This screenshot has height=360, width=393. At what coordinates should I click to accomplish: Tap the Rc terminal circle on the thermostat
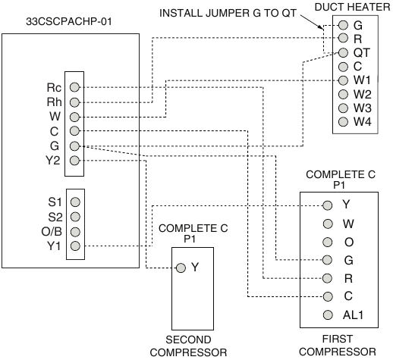[x=75, y=87]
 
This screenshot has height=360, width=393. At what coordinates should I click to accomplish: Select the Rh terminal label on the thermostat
[x=53, y=102]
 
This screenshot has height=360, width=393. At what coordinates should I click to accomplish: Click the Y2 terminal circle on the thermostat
[x=75, y=160]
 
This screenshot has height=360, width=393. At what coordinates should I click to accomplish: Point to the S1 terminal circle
[x=75, y=202]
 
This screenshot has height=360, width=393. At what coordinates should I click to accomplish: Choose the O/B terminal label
[x=52, y=231]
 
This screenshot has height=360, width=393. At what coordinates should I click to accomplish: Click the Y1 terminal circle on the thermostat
[x=75, y=246]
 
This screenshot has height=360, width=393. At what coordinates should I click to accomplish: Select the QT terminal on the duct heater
[x=344, y=53]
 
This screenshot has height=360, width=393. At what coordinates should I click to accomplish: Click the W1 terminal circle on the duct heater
[x=344, y=80]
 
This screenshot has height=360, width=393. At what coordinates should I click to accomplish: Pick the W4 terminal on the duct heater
[x=344, y=121]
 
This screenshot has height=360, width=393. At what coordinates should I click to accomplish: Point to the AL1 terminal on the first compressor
[x=328, y=315]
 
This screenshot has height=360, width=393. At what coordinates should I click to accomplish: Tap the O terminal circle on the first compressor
[x=328, y=242]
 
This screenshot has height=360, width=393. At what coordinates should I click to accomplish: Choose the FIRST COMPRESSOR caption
[x=336, y=346]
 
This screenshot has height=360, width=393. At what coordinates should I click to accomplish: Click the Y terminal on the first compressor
[x=328, y=205]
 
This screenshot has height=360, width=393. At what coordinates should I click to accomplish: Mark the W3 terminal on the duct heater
[x=344, y=108]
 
